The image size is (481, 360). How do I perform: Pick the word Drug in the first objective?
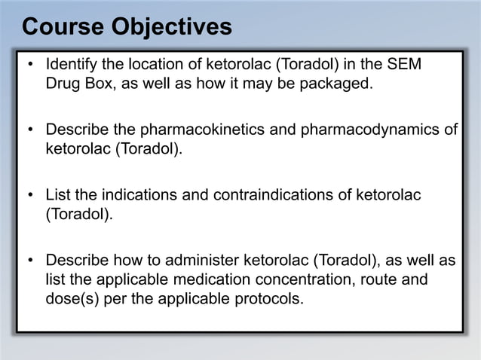click(62, 83)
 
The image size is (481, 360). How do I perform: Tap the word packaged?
click(337, 83)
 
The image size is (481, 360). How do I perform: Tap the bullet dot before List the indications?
click(31, 196)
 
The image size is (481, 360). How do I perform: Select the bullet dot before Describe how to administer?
click(31, 261)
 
